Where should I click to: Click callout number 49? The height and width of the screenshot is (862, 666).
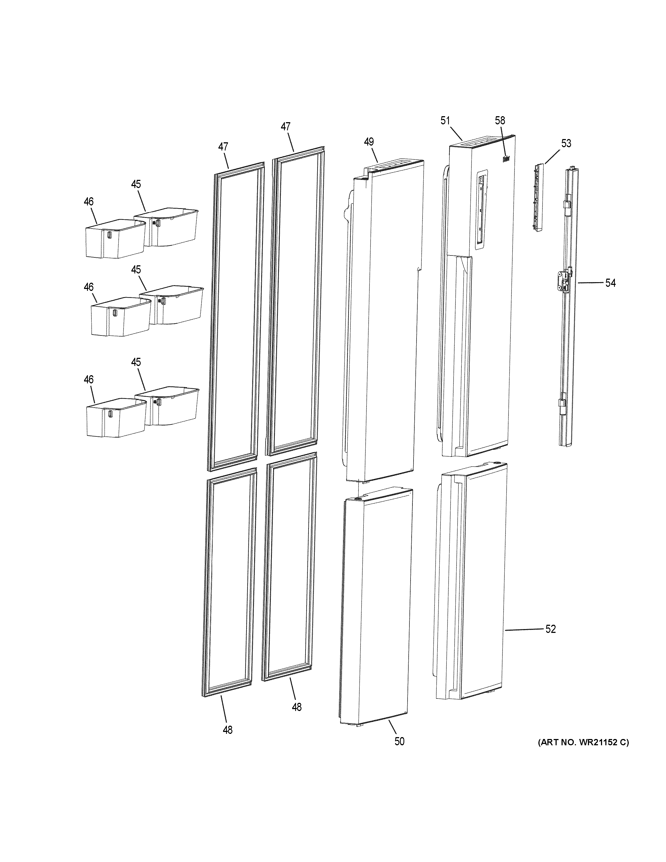[369, 142]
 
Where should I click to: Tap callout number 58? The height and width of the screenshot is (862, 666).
[500, 121]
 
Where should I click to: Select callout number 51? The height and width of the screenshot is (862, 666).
[445, 121]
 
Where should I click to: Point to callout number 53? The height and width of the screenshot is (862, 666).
[566, 144]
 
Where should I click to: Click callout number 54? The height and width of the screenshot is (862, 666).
[610, 283]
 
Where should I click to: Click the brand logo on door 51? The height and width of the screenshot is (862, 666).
[506, 159]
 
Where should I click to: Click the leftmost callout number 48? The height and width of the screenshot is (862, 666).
[228, 730]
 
